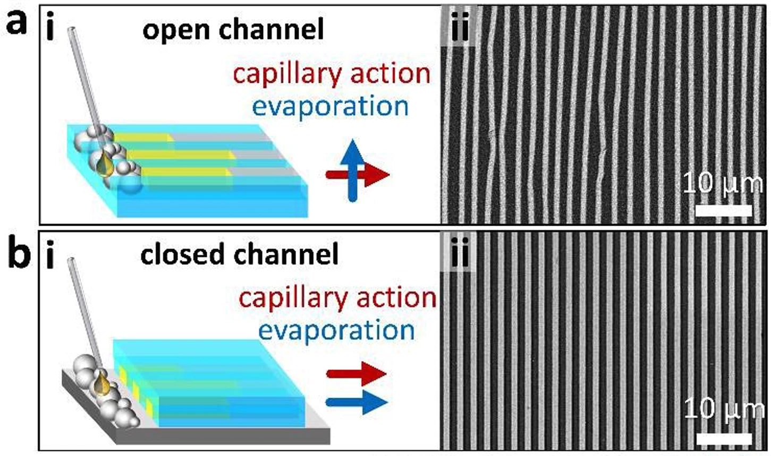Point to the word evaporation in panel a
pyautogui.click(x=331, y=106)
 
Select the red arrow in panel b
pyautogui.click(x=355, y=374)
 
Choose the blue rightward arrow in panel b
pyautogui.click(x=355, y=402)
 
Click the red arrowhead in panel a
pyautogui.click(x=379, y=175)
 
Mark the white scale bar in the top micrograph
pyautogui.click(x=723, y=210)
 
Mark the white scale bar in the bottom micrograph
pyautogui.click(x=723, y=438)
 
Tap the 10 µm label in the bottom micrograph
pyautogui.click(x=724, y=410)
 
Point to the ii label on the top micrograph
pyautogui.click(x=458, y=29)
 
